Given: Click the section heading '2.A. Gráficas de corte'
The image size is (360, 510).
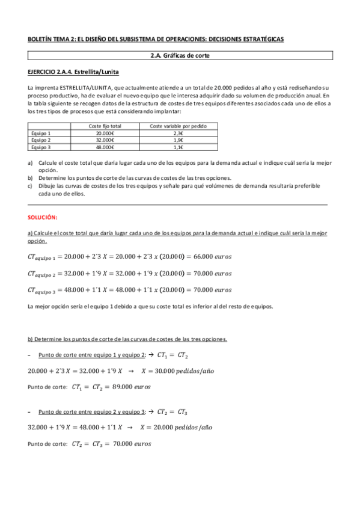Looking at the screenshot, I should pos(180,56).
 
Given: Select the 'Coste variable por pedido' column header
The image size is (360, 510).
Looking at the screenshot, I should pos(178,126).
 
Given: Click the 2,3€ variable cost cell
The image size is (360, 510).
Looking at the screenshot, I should pos(178,134).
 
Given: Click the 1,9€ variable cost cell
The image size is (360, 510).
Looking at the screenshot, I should pos(178,140).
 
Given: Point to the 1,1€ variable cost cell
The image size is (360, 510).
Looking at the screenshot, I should pos(178,147).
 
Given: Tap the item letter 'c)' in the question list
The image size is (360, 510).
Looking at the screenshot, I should pos(31,186).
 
